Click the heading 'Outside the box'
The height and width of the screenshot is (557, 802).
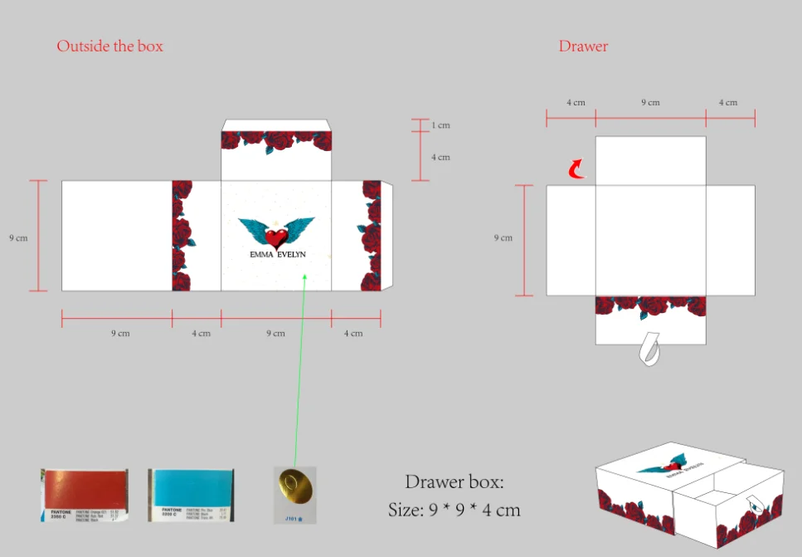point(109,46)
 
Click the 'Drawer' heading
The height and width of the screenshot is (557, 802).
point(583,46)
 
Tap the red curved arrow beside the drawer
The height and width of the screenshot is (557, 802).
point(575,170)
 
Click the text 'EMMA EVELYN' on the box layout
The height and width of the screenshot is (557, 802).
point(277,255)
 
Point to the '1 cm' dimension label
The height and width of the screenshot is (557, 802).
point(440,125)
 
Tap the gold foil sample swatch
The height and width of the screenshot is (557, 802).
point(294,489)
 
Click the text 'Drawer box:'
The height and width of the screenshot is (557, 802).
point(454,481)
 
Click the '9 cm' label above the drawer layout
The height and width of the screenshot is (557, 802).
point(650,102)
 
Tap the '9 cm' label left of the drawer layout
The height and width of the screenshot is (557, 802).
point(503,237)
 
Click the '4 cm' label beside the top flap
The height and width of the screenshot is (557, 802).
point(440,157)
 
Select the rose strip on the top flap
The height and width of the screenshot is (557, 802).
point(276,140)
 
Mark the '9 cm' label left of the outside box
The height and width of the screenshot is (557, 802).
point(17,237)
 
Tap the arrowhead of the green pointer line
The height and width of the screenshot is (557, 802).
point(305,276)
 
